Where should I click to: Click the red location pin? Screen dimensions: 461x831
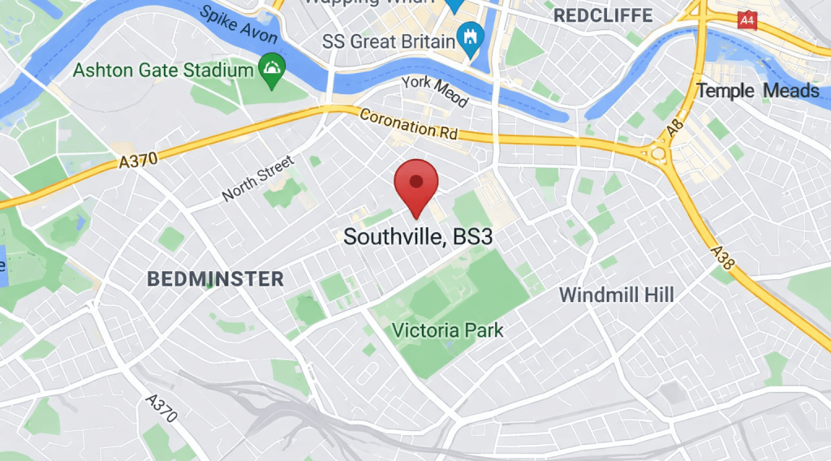click(415, 183)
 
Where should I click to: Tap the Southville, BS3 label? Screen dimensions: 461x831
click(418, 237)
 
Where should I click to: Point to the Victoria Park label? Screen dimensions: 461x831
click(447, 331)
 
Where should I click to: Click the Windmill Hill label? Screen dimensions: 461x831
click(617, 295)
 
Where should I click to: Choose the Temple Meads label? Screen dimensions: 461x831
click(758, 90)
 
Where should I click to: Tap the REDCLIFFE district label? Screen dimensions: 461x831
click(602, 15)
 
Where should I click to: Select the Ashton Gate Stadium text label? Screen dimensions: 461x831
click(163, 70)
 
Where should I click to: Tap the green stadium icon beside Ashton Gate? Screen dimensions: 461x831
click(271, 71)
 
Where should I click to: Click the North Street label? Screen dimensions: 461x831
click(257, 179)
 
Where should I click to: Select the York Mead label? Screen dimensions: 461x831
click(434, 89)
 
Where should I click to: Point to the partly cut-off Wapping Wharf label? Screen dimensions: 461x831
click(373, 4)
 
